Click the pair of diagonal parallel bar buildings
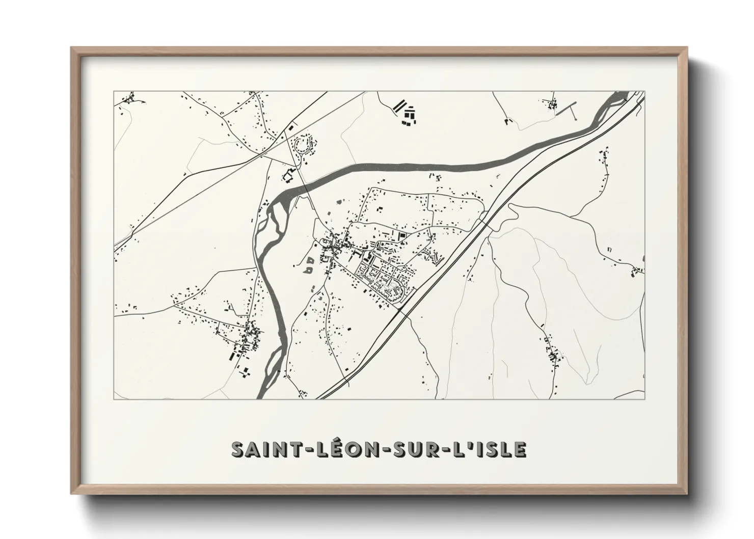[x=399, y=106]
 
